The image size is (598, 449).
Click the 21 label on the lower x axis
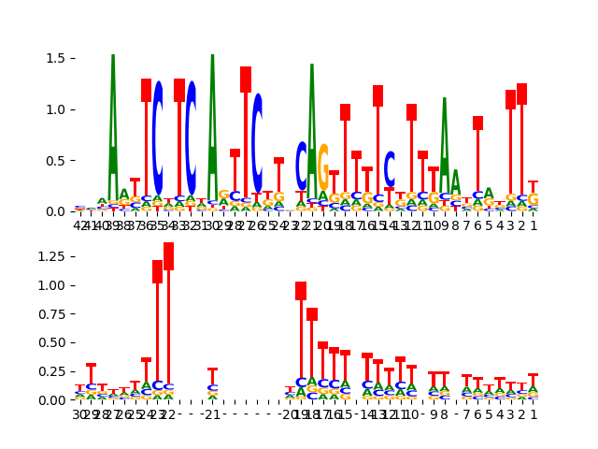click(x=212, y=414)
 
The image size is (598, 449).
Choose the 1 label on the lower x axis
click(x=534, y=414)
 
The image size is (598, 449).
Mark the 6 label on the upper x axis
click(x=477, y=225)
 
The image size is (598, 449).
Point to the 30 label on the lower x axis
click(x=80, y=414)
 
